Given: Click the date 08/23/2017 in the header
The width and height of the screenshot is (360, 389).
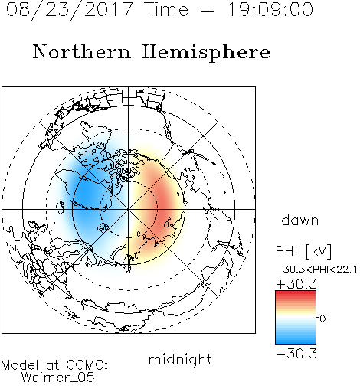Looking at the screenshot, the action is click(69, 9).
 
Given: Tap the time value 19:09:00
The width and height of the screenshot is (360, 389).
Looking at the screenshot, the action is click(270, 9).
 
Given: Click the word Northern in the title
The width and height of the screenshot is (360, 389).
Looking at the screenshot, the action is click(82, 52).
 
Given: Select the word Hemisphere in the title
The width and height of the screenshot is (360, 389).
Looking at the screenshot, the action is click(206, 53).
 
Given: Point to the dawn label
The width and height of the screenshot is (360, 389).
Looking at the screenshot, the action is click(300, 220).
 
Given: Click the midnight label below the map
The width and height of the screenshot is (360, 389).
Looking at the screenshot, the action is click(180, 360).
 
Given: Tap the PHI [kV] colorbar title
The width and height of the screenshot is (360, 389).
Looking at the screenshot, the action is click(303, 251).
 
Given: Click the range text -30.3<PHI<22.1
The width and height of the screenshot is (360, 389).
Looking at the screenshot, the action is click(316, 270).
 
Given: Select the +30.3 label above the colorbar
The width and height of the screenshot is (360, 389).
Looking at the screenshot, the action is click(296, 284).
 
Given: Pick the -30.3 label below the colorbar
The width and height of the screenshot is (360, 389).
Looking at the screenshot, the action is click(296, 354).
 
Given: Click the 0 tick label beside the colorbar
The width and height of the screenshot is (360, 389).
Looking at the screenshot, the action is click(322, 319).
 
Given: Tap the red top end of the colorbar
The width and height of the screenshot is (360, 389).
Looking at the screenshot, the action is click(296, 293).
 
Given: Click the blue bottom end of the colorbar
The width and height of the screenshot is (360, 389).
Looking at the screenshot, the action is click(296, 342).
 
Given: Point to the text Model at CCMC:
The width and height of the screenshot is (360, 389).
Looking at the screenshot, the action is click(54, 365).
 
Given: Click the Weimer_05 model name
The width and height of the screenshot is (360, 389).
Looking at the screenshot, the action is click(58, 378).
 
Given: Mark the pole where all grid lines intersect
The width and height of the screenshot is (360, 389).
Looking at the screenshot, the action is click(129, 210).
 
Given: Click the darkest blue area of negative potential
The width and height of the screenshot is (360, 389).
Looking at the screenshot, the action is click(86, 195).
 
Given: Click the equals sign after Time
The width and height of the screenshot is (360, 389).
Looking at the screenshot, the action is click(208, 10).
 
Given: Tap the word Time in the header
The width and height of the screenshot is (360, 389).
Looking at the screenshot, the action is click(166, 9).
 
